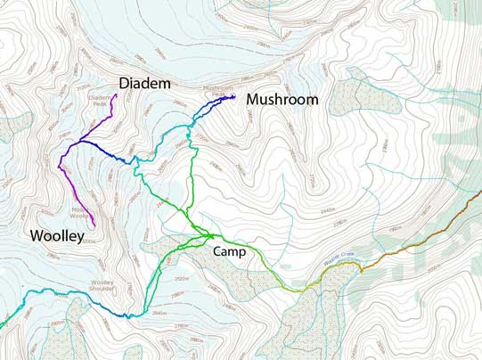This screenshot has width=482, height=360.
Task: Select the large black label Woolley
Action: click(x=56, y=236)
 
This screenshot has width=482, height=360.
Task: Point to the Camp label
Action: click(x=230, y=251)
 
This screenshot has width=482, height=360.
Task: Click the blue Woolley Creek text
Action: click(x=340, y=256)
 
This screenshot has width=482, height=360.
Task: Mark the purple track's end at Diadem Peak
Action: click(x=116, y=94)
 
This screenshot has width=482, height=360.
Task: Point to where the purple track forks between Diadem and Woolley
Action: click(x=81, y=142)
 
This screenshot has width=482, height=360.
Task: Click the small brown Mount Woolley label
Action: click(x=80, y=211)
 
